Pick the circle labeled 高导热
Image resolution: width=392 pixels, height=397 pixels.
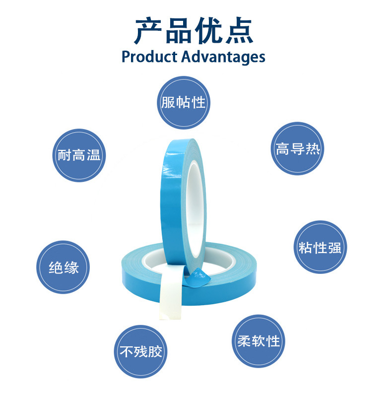(x=298, y=148)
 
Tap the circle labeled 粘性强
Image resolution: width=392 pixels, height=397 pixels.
(x=321, y=247)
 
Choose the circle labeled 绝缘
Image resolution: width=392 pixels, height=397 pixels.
(x=64, y=267)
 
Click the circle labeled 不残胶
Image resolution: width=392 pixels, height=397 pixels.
(x=141, y=351)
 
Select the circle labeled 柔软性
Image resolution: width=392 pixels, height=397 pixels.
(x=259, y=341)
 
